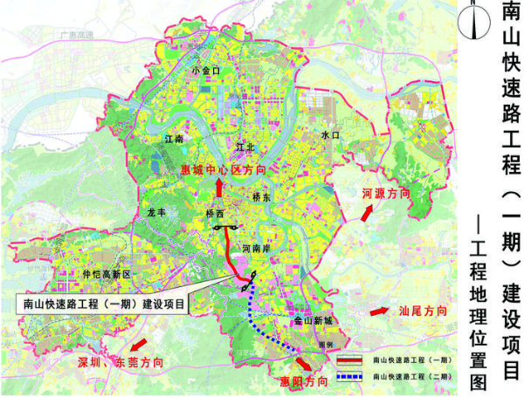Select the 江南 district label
coord(174,139)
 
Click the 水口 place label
coord(329,136)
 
